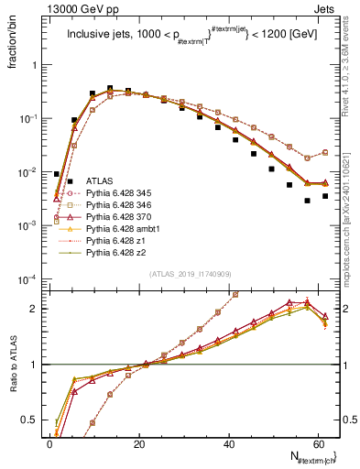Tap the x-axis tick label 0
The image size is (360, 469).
coord(50,442)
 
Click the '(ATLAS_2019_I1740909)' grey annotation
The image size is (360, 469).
coord(191,275)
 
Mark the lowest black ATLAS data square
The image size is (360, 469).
coord(307,200)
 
